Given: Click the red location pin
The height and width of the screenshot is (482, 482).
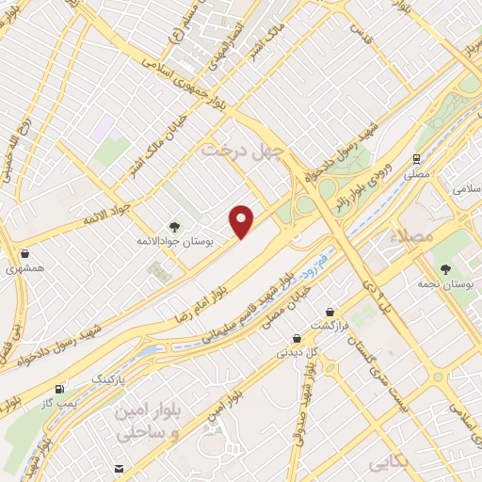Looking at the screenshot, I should click(x=243, y=220).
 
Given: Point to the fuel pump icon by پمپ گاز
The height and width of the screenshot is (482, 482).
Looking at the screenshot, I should click(x=60, y=388).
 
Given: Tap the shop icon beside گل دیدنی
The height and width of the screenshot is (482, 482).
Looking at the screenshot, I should click(x=297, y=338).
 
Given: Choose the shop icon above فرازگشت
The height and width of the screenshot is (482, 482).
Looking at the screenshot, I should click(x=330, y=312).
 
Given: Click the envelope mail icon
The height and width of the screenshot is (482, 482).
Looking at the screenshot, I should click(x=119, y=468).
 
